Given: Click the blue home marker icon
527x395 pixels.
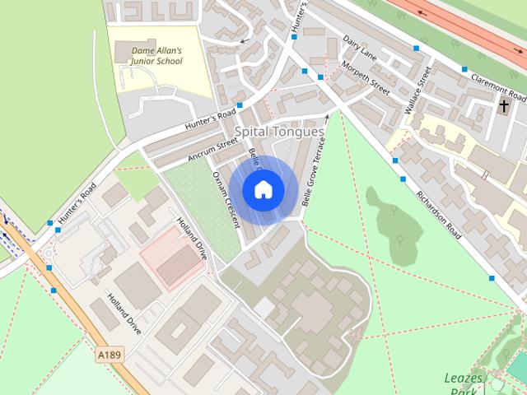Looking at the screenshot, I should [x=263, y=189].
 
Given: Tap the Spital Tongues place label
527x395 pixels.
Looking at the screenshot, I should [x=279, y=132].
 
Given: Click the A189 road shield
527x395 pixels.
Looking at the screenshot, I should [x=109, y=355].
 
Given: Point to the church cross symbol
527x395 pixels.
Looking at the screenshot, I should [x=504, y=106].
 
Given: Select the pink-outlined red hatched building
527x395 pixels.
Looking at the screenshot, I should [x=173, y=258].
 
